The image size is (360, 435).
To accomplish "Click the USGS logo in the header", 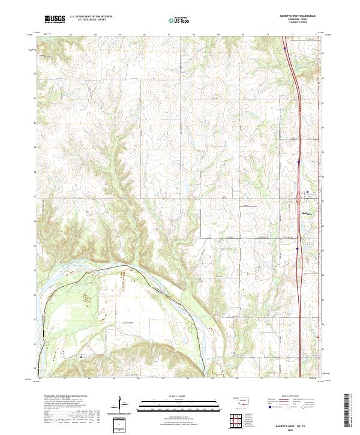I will click(55, 19).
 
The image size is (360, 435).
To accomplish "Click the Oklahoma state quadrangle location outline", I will click(239, 400).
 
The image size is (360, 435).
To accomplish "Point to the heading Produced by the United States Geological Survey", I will click(68, 396).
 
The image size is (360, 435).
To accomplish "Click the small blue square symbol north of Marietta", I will click(308, 192).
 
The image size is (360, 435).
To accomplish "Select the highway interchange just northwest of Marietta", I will click(299, 203).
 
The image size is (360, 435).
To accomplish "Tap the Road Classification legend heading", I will click(284, 397).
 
